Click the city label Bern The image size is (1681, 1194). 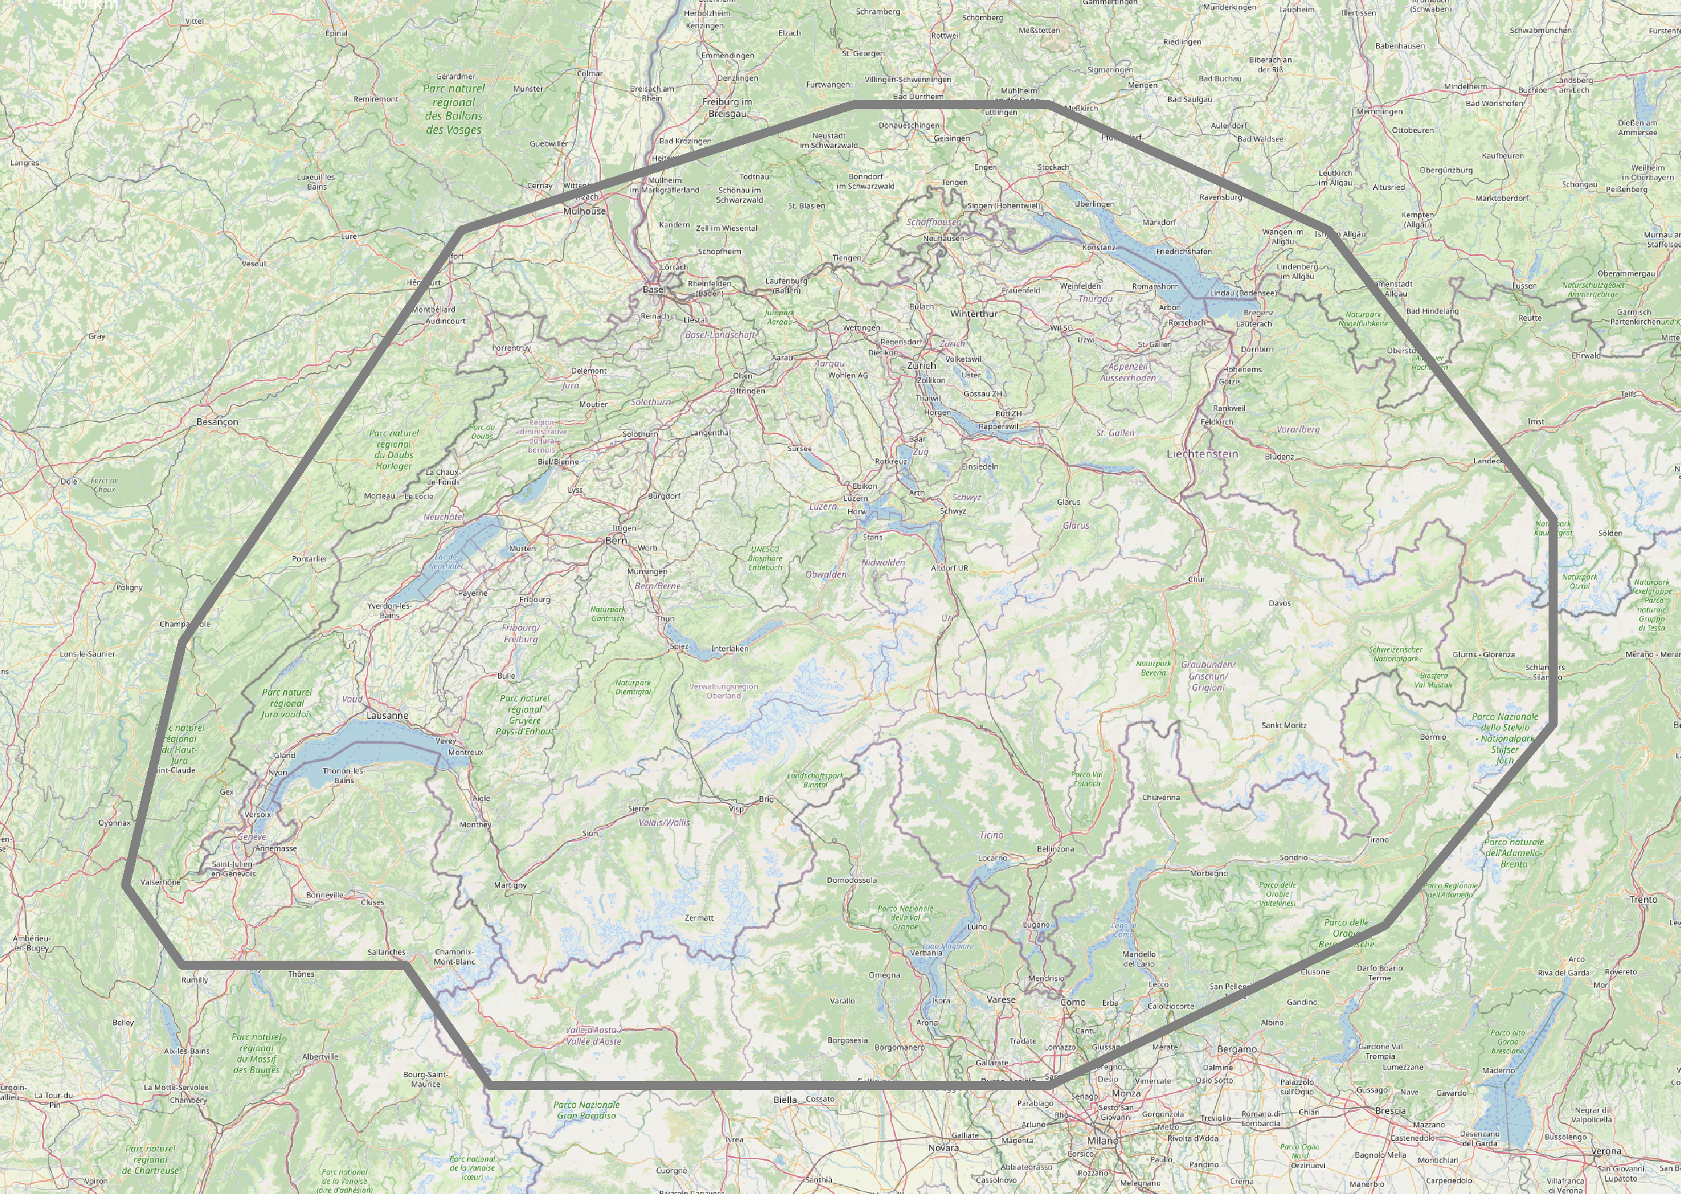(x=616, y=540)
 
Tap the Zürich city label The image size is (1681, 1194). (x=922, y=366)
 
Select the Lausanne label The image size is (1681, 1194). (x=388, y=715)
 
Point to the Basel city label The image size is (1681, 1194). (x=654, y=289)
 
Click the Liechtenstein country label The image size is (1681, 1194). (x=1202, y=454)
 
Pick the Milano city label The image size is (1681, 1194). (x=1103, y=1140)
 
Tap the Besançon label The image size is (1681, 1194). (x=217, y=422)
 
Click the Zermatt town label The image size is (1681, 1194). (x=699, y=917)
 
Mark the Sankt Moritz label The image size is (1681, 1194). (x=1284, y=725)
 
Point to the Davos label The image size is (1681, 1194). (x=1280, y=603)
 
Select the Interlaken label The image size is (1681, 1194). (x=730, y=649)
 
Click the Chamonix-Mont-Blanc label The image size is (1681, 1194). (x=454, y=956)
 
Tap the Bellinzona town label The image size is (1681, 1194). (x=1056, y=848)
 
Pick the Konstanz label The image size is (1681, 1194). (x=1099, y=247)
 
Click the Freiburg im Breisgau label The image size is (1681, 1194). (x=727, y=107)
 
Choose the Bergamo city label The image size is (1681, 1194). (x=1237, y=1049)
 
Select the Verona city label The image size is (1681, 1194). (x=1606, y=1151)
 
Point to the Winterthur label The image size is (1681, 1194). (x=974, y=314)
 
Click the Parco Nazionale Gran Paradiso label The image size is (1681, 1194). (x=587, y=1110)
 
